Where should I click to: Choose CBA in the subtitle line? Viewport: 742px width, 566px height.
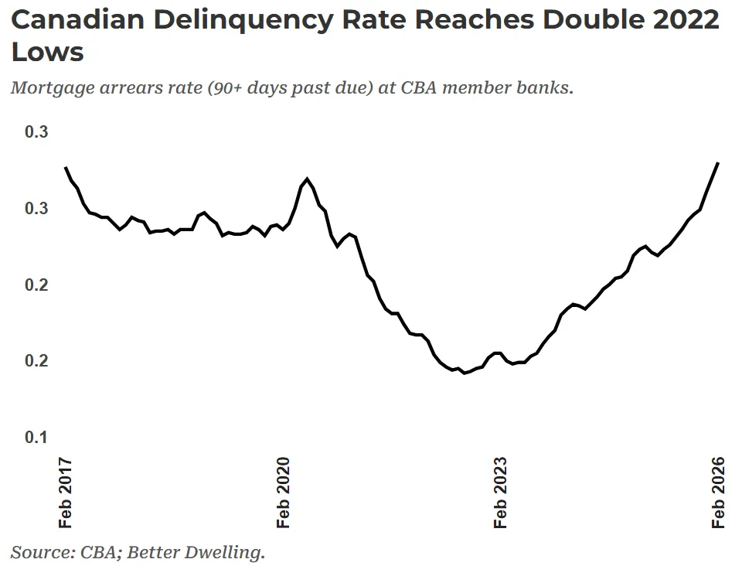point(418,87)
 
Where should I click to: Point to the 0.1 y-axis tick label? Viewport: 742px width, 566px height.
point(36,438)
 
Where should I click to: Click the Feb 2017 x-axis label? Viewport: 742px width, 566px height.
point(66,493)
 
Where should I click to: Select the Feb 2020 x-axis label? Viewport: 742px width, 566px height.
point(284,493)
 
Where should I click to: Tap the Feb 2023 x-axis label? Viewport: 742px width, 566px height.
point(502,493)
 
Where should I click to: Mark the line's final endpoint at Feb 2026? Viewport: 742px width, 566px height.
point(718,163)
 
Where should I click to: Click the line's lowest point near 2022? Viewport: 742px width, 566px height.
point(464,373)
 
